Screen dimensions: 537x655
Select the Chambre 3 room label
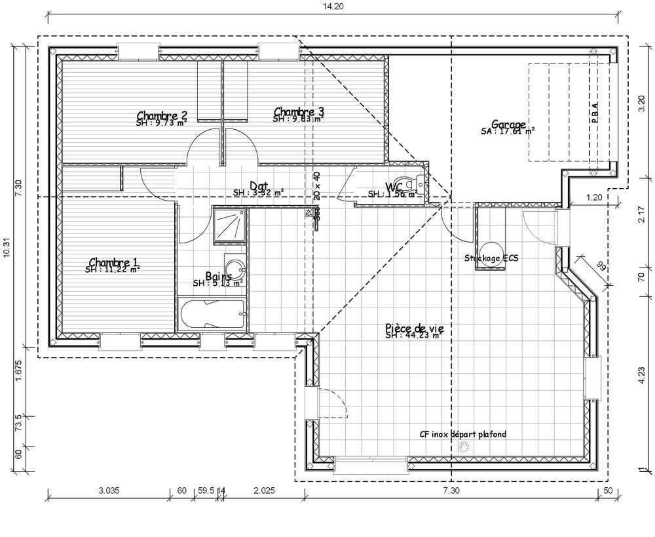pos(299,112)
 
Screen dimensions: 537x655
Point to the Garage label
pos(508,125)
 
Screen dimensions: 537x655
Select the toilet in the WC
pos(410,183)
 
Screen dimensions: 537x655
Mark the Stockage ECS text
pos(491,258)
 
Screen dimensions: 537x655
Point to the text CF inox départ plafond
pos(463,434)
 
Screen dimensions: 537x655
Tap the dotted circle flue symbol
pos(464,448)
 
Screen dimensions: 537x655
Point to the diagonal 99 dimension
pos(601,266)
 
